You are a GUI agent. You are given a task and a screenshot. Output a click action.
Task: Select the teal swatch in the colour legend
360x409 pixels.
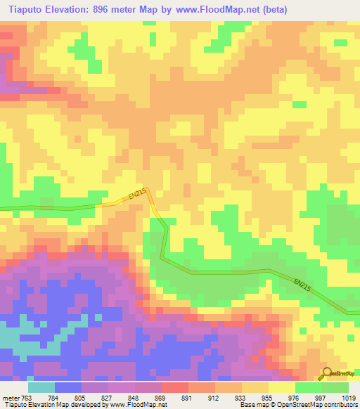(x=41, y=387)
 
